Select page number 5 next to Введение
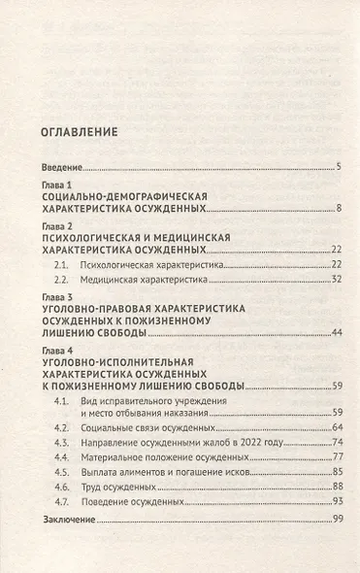[338, 167]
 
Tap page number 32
[335, 280]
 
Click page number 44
[335, 333]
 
